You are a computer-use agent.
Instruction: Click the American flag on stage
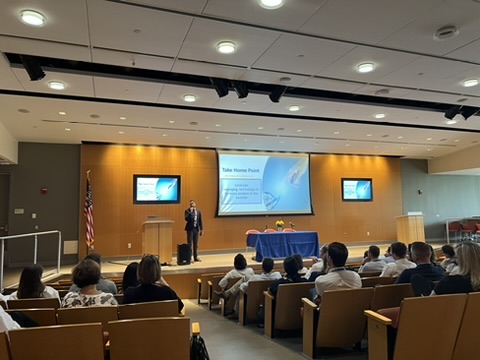[89, 211]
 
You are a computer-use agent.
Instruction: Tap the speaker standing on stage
[193, 227]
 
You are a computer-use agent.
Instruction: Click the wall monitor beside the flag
[156, 189]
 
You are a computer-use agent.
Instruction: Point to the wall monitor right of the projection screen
[356, 189]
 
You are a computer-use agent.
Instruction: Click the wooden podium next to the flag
[158, 240]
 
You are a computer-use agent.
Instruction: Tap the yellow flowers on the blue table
[279, 225]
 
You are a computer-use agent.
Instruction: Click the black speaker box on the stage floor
[184, 254]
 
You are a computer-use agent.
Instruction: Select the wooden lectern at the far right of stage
[410, 229]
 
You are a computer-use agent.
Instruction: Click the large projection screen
[263, 182]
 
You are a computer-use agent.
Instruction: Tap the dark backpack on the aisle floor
[198, 347]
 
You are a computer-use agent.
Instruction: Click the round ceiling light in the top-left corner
[32, 17]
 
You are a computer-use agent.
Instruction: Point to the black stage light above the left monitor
[33, 69]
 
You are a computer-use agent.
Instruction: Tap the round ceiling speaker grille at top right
[446, 32]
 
